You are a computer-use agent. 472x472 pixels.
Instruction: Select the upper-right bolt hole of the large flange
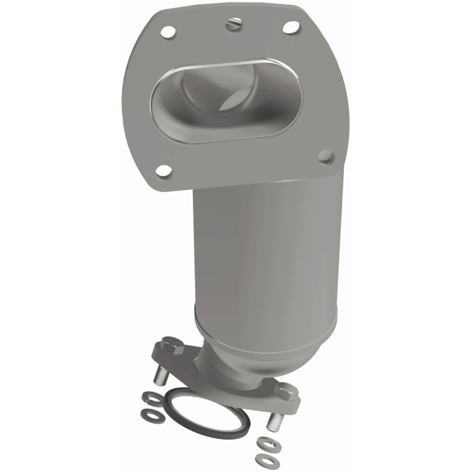coord(290,27)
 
